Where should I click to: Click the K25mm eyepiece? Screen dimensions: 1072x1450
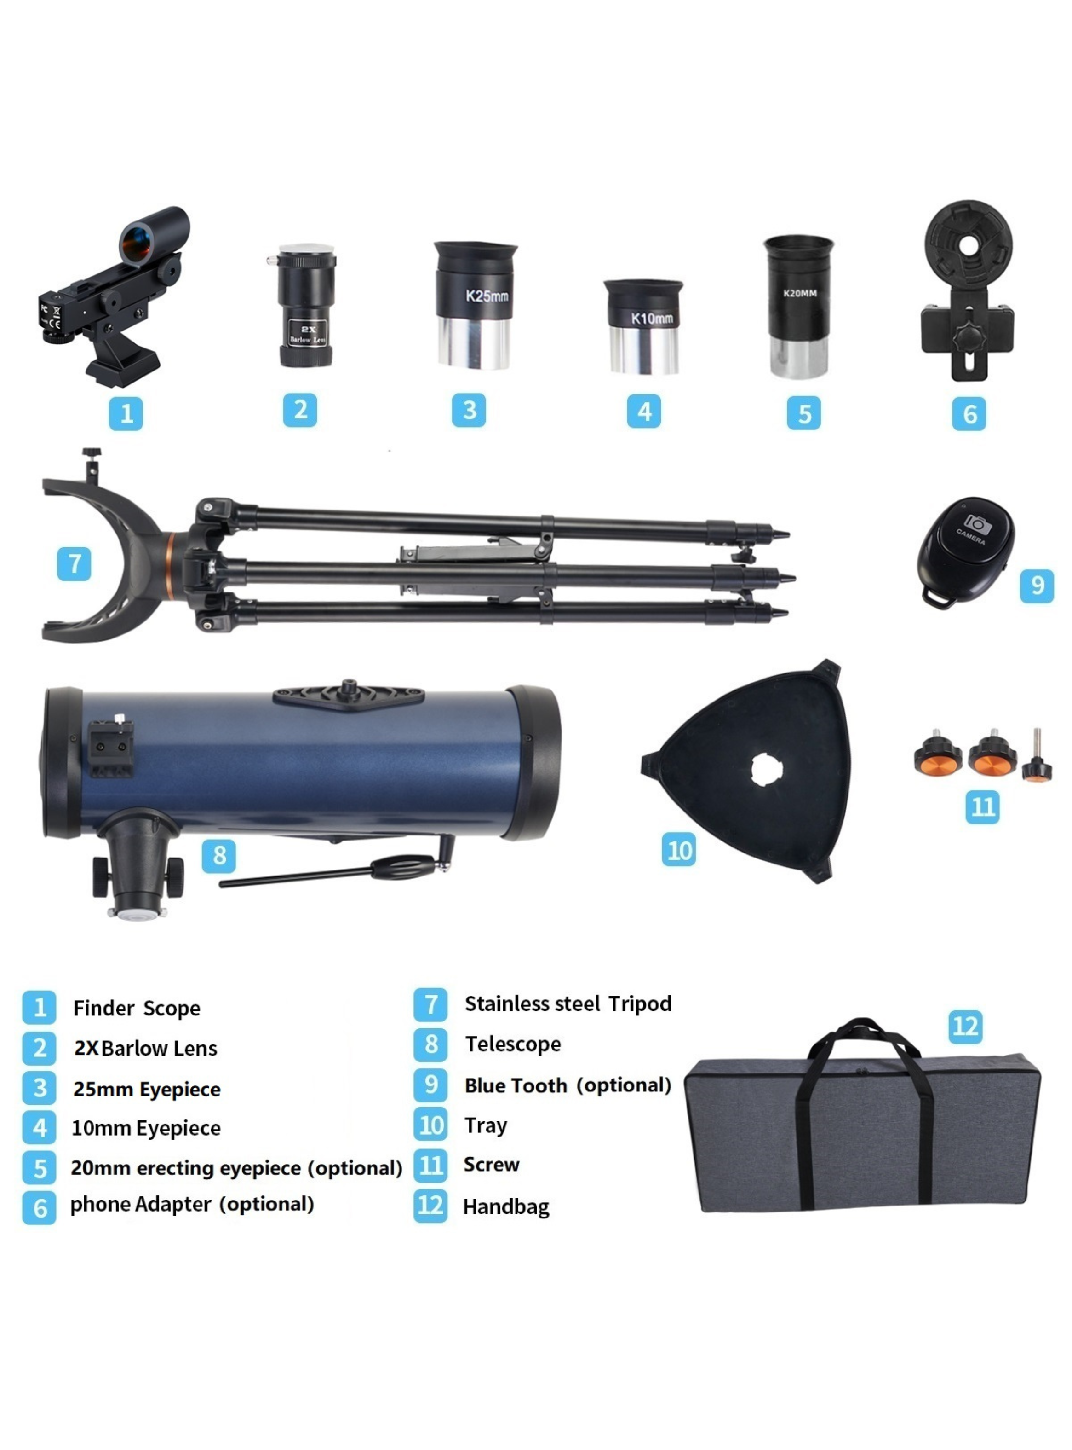475,305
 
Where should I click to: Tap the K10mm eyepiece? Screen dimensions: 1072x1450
643,327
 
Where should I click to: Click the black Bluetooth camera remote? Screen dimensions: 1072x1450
965,551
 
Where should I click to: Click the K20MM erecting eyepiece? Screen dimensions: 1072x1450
798,305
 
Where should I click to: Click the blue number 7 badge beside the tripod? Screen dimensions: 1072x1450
74,563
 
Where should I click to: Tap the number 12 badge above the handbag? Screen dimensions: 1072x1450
965,1027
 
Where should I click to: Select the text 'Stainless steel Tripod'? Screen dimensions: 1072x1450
568,1004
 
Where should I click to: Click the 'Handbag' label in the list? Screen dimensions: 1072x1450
506,1206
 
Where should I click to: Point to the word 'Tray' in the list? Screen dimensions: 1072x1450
485,1125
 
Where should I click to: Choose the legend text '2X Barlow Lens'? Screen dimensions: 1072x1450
145,1048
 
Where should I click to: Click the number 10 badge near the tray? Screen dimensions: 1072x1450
679,850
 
